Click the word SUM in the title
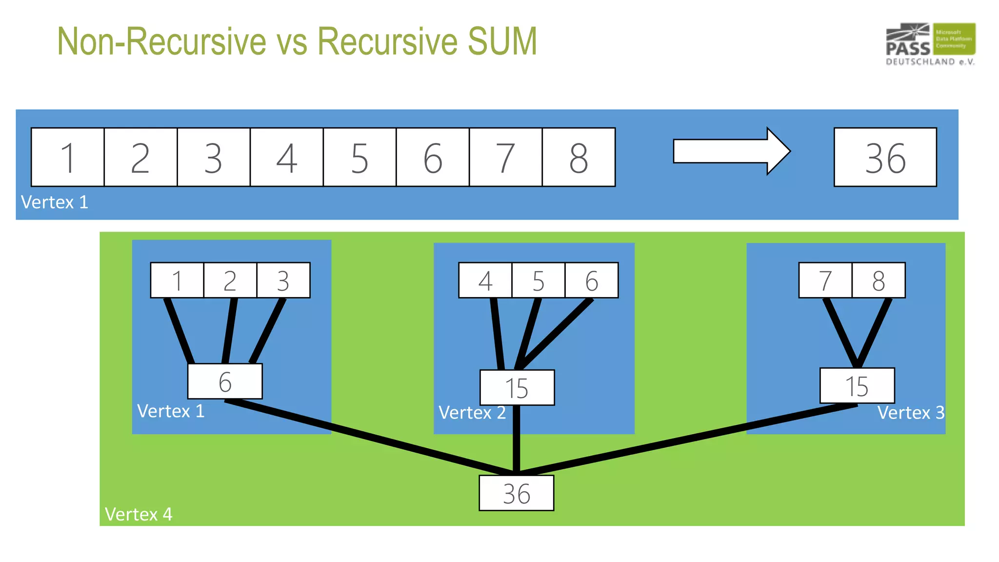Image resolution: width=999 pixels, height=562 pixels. point(502,41)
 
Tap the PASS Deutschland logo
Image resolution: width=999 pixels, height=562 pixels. point(930,44)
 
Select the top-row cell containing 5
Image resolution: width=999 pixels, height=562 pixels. point(360,157)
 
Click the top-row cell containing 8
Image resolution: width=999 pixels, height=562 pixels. point(579,157)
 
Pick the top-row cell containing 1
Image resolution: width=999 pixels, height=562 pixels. point(68,157)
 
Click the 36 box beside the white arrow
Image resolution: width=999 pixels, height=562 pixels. point(885,157)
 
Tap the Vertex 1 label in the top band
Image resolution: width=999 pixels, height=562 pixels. point(55,202)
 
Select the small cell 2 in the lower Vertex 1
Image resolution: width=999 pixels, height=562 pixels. point(230,280)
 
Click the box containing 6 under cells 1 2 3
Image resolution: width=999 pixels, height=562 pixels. point(225,381)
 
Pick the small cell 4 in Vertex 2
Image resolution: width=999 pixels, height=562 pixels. point(485,280)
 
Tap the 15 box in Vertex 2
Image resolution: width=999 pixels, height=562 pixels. point(517,387)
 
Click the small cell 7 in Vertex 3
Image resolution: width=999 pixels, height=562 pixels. point(825,280)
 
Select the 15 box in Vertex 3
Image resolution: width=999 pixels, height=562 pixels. point(857,385)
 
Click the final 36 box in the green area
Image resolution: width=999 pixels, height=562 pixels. point(517,493)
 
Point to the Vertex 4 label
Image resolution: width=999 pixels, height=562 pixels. point(139,514)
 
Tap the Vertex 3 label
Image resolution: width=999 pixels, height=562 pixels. point(911,413)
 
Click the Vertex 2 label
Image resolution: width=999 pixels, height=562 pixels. point(472,413)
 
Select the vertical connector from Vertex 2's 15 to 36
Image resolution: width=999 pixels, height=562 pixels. point(517,439)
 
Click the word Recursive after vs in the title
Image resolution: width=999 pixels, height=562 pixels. point(387,41)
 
